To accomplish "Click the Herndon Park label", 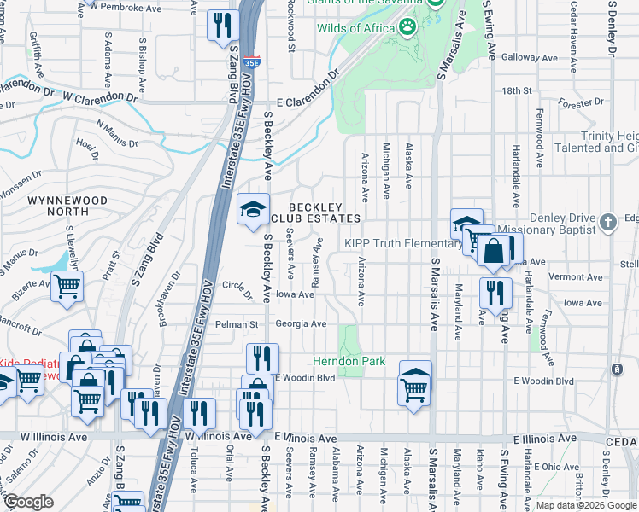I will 349,362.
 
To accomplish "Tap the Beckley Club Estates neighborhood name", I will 315,212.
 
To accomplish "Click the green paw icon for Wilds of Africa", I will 409,28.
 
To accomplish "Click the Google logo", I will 28,502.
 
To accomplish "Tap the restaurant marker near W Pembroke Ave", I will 221,25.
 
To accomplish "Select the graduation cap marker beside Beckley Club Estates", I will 252,211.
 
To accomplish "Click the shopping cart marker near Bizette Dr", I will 67,288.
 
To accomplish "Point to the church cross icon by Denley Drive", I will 607,223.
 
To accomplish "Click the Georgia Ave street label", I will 302,324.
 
